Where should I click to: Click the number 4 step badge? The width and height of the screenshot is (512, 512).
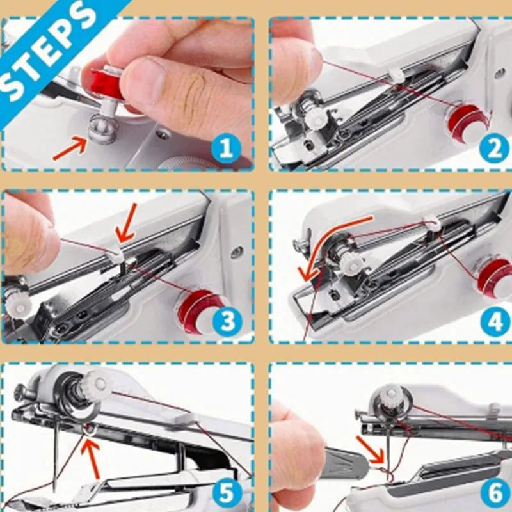[495, 322]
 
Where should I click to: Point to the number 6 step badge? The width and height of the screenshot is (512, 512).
[495, 493]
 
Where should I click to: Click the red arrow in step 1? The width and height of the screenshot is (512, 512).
[68, 148]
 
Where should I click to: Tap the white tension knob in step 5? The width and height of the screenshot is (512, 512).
[98, 383]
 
